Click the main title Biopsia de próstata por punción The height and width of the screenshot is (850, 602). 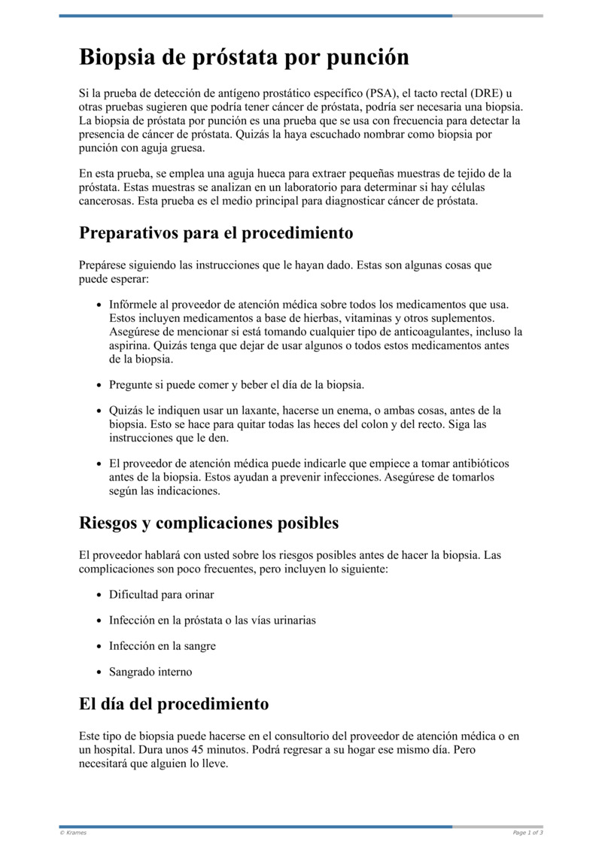point(244,57)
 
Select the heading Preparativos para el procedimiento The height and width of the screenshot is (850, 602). point(216,232)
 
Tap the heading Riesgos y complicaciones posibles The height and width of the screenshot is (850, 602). point(208,523)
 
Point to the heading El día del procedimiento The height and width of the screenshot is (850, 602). point(174,704)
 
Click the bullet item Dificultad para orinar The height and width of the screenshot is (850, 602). point(161,594)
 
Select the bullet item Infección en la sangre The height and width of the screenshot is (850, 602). point(162,645)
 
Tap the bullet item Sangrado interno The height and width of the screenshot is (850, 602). point(150,672)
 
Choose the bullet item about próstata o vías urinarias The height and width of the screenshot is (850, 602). point(212,620)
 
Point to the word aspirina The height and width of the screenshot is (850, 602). point(130,345)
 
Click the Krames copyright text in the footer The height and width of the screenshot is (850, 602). point(73,833)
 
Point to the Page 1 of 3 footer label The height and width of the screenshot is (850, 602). point(528,833)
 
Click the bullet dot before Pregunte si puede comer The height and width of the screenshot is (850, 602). point(100,385)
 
